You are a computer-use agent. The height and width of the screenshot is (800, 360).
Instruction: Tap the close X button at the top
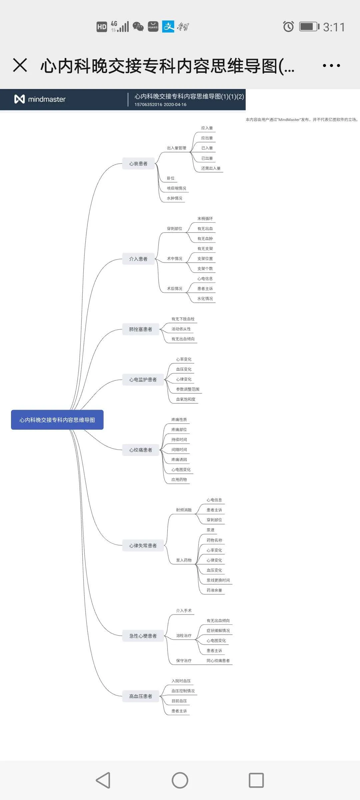20,65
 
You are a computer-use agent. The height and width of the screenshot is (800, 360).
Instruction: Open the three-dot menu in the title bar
331,65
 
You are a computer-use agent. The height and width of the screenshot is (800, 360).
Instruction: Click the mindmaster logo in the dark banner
40,99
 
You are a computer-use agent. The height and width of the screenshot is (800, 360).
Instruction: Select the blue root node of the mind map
57,420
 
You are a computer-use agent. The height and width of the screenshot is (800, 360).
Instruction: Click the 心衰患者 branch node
138,163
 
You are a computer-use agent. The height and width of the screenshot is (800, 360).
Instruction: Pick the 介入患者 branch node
138,259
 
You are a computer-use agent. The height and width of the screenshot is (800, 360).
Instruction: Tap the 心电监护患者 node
143,379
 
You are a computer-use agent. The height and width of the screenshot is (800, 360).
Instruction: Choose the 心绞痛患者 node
141,450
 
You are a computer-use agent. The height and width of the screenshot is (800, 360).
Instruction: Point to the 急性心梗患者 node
143,636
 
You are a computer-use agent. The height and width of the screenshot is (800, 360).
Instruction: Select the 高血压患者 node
141,696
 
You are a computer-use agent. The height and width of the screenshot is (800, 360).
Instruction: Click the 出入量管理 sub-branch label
177,148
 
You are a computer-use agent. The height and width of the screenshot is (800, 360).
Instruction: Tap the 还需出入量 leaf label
211,168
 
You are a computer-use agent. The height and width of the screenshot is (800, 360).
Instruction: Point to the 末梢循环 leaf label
205,219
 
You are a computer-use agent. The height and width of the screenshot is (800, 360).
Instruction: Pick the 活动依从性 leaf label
181,329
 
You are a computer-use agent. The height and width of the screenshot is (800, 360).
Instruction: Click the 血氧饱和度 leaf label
186,399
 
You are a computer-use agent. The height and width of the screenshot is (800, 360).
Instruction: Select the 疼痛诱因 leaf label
179,460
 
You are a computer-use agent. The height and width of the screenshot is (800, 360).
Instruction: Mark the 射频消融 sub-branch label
184,510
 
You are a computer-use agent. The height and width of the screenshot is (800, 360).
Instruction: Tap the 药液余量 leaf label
214,590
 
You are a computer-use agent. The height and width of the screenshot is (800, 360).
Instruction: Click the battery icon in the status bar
309,26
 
